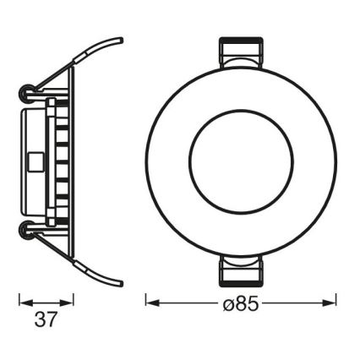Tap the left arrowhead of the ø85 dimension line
[x=151, y=299]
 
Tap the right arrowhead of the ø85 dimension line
[x=331, y=299]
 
